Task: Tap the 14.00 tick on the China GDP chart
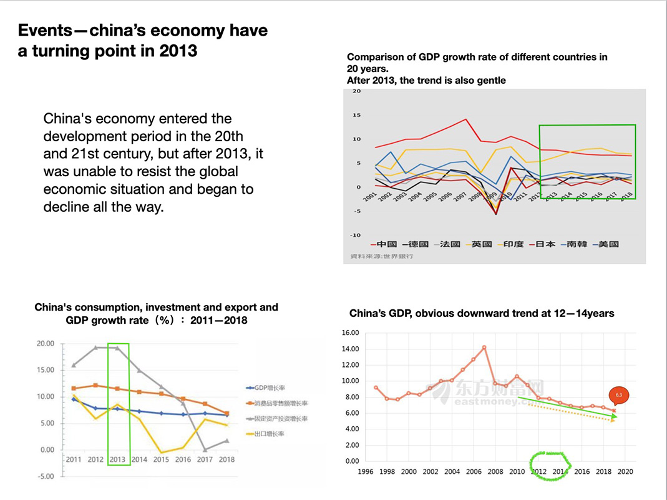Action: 349,349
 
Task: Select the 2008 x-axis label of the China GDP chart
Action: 495,472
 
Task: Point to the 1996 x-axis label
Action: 366,472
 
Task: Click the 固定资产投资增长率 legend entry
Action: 277,419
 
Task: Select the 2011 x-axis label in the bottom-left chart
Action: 74,460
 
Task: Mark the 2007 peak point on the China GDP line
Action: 484,347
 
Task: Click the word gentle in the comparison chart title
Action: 489,80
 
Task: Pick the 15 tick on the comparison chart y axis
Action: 357,115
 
